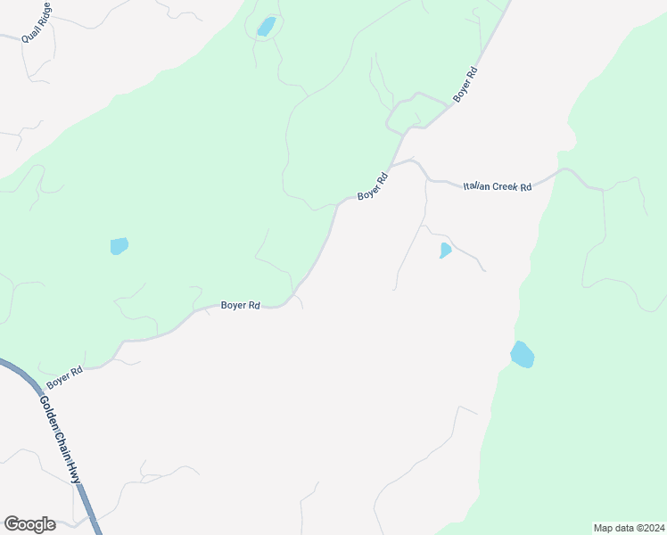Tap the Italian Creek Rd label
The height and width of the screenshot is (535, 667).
tap(497, 186)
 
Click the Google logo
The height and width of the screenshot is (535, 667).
tap(29, 524)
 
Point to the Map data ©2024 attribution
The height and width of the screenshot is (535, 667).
tap(630, 527)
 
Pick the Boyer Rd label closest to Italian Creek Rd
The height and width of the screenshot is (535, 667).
tap(373, 185)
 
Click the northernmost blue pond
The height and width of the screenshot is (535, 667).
tap(266, 27)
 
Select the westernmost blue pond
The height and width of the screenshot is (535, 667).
tap(119, 245)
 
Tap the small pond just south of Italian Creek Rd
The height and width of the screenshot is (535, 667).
tap(445, 251)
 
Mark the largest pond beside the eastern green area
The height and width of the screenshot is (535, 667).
tap(522, 355)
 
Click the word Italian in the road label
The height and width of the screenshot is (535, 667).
tap(477, 185)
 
